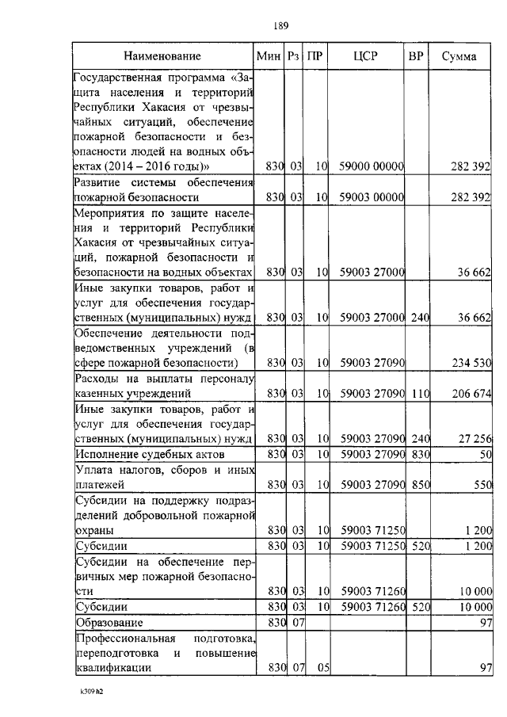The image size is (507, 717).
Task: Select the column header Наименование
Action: point(167,56)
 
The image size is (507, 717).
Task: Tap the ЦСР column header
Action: point(367,56)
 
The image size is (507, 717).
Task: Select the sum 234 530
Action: point(469,364)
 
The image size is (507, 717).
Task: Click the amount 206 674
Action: point(469,393)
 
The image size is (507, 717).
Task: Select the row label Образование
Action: point(111,623)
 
